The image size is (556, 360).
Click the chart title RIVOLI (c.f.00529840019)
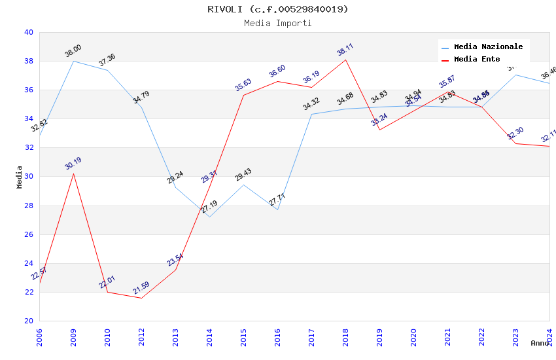[x=277, y=9]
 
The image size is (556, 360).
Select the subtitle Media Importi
[x=277, y=23]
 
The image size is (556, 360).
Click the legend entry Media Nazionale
[x=488, y=47]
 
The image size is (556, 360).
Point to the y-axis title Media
[x=20, y=177]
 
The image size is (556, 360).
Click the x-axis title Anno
[x=540, y=343]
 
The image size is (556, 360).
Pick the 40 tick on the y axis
[x=28, y=32]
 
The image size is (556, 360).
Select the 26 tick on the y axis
[x=28, y=234]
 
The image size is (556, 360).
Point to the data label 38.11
[x=345, y=50]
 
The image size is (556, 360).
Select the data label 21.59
[x=141, y=288]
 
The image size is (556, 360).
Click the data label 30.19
[x=73, y=164]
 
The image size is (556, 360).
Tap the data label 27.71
[x=277, y=200]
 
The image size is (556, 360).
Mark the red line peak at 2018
[x=345, y=60]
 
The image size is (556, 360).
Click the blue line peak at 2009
[x=73, y=61]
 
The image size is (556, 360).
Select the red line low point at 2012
[x=141, y=298]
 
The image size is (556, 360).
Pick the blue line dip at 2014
[x=209, y=217]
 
